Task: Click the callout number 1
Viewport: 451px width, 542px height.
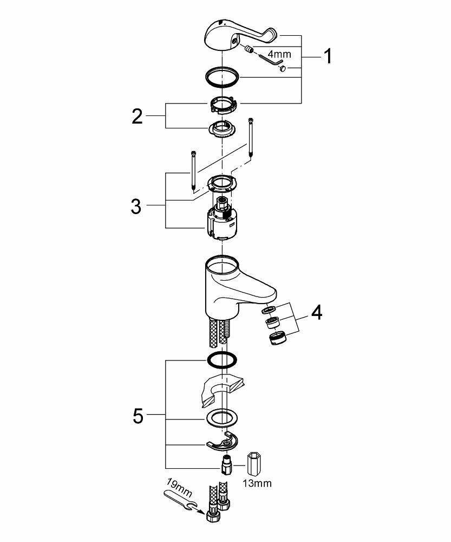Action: [x=327, y=56]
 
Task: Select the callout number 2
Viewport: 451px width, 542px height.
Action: [x=138, y=116]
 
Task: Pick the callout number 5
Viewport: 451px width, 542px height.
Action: [x=138, y=416]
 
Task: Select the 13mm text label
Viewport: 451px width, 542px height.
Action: [x=257, y=482]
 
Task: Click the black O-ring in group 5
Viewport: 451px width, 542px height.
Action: [x=222, y=359]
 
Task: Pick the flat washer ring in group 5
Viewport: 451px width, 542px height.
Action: [x=222, y=417]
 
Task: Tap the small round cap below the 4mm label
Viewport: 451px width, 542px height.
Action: [x=291, y=68]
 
